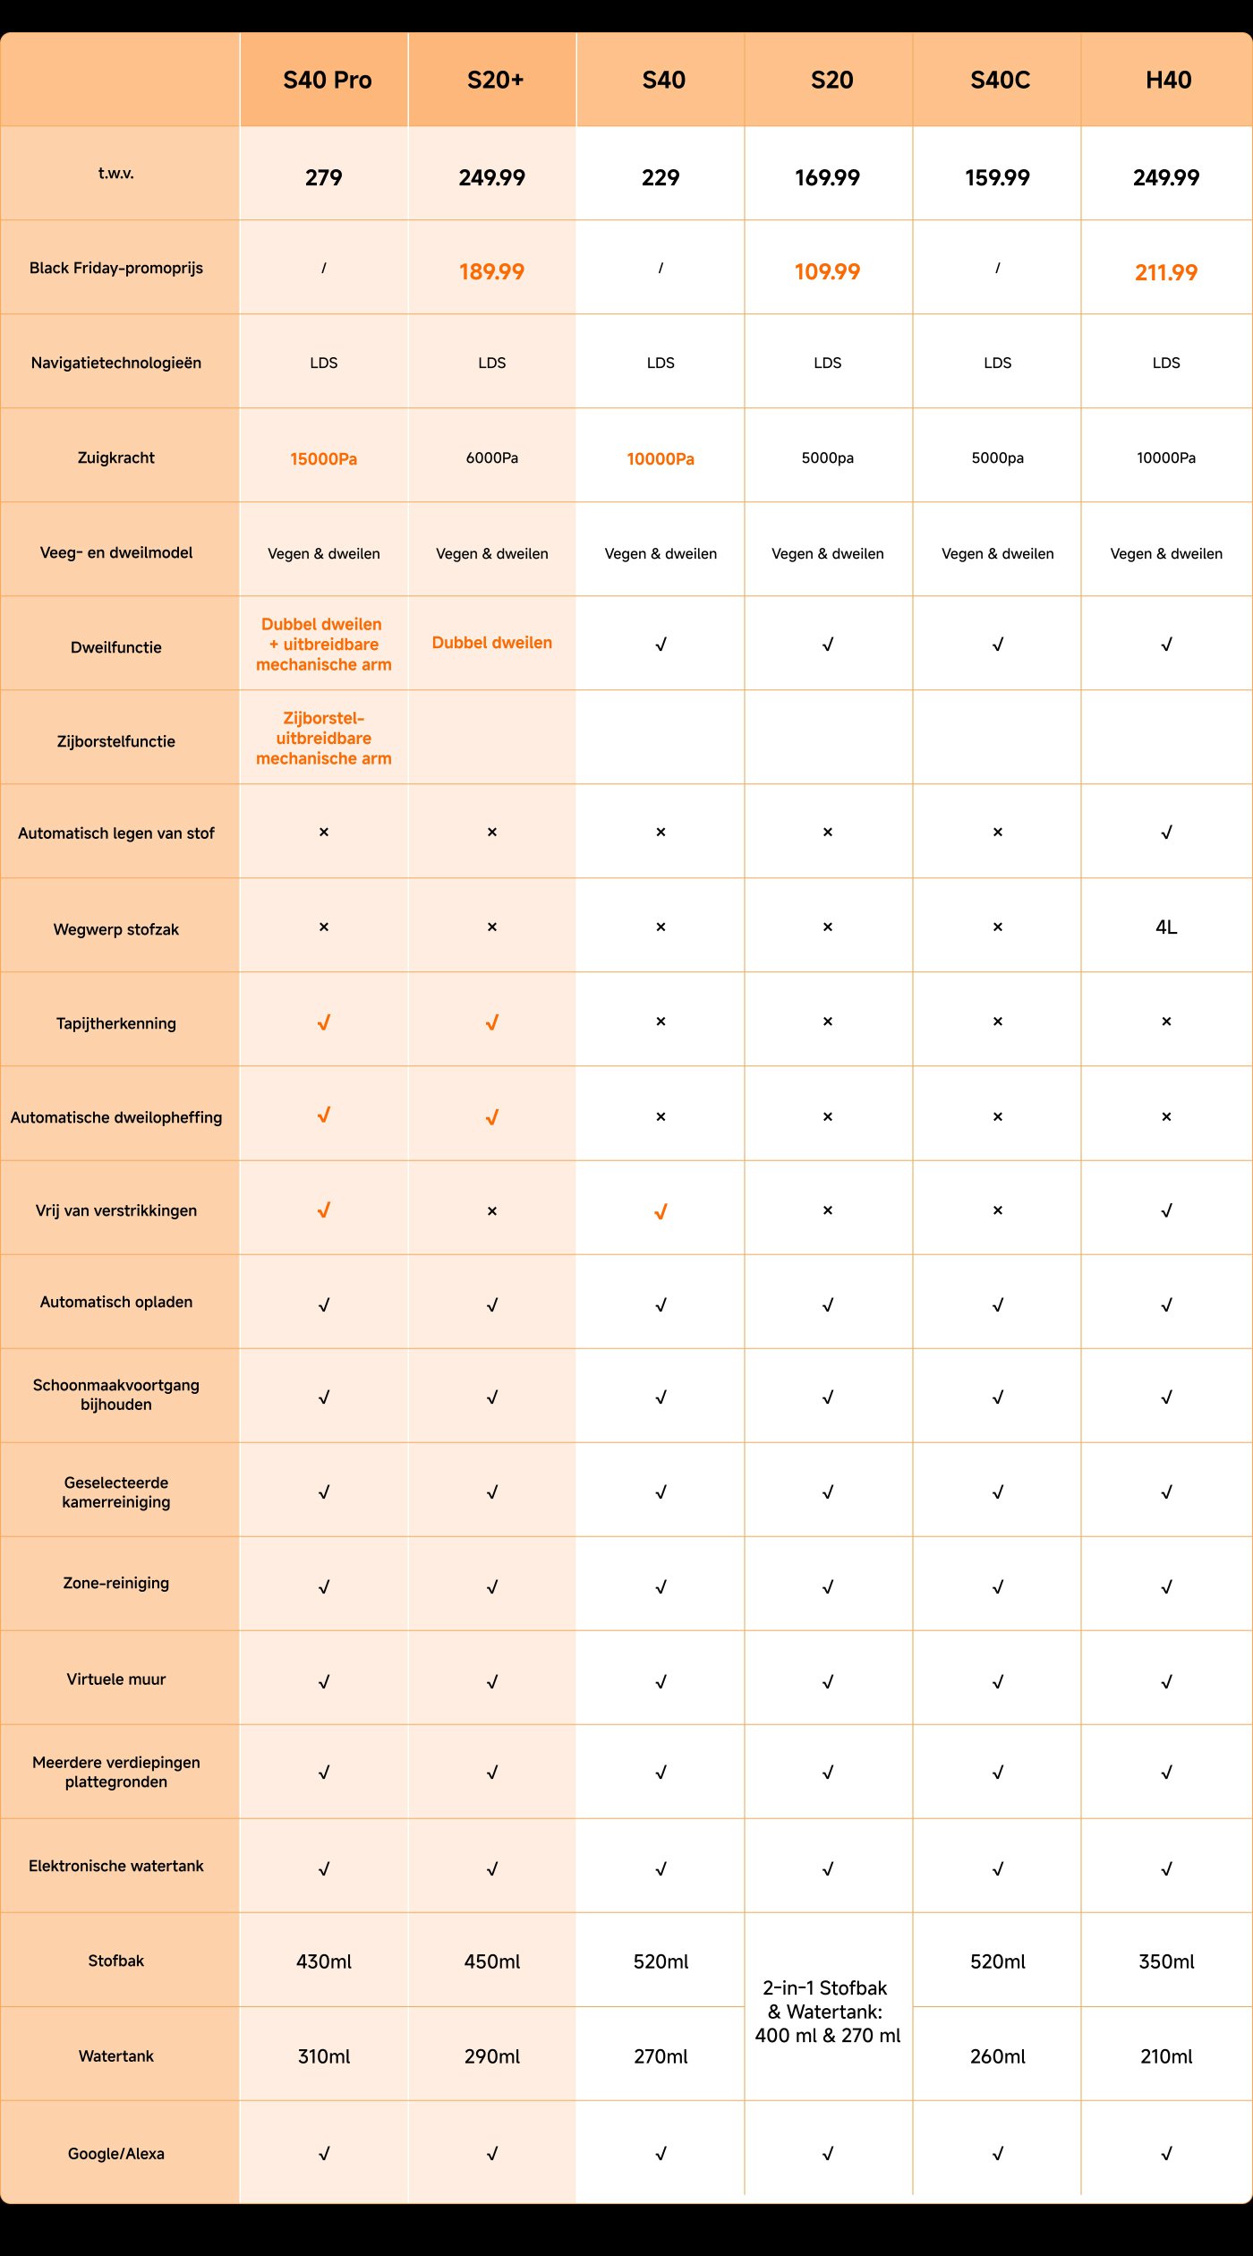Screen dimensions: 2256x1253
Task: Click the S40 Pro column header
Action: [327, 81]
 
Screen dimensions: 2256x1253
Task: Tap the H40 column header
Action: [1168, 81]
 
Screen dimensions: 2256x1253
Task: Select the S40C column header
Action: [1000, 81]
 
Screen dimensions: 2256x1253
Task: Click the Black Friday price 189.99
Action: [491, 272]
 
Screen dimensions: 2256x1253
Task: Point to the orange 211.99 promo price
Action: [1165, 273]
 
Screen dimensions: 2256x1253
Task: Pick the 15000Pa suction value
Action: [323, 459]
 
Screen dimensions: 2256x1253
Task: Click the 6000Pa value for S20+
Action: [491, 458]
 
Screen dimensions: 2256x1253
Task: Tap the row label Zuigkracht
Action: [116, 458]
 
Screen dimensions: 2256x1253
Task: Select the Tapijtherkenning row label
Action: [116, 1023]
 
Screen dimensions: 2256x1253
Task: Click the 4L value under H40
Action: [1165, 927]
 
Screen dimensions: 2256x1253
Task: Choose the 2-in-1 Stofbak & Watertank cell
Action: [827, 2011]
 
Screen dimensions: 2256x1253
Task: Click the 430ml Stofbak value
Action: [323, 1961]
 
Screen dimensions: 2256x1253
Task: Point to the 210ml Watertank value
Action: [1165, 2056]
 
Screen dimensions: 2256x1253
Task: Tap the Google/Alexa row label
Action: [116, 2153]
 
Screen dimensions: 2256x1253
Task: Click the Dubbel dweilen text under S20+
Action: [491, 643]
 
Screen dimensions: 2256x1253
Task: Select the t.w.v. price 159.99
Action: [997, 178]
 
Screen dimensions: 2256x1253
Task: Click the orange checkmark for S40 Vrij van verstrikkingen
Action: [661, 1211]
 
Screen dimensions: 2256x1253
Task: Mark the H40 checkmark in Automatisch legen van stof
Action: [1165, 833]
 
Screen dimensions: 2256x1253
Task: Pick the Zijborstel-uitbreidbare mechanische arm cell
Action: [323, 738]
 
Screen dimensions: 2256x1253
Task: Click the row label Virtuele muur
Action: [116, 1679]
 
